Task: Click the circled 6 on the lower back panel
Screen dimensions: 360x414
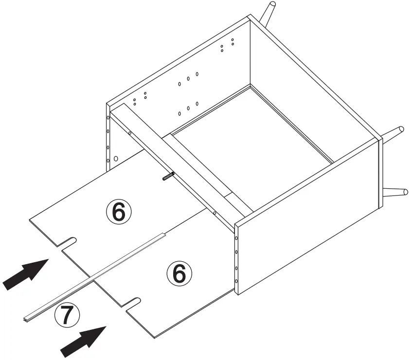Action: pos(179,274)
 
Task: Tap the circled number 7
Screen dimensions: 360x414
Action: pos(67,316)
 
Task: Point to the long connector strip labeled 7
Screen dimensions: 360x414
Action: pos(92,278)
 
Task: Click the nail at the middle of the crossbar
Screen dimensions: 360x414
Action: pos(168,176)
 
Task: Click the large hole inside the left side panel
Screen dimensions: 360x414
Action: pos(116,159)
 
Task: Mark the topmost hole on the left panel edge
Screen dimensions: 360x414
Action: pos(108,118)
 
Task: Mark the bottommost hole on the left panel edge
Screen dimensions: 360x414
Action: pos(108,160)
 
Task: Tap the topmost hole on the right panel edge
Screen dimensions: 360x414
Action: pos(236,238)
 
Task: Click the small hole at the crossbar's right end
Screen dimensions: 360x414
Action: pos(215,213)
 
